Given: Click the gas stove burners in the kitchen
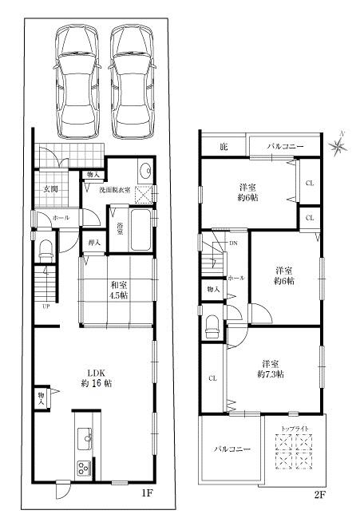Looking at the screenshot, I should click(82, 467).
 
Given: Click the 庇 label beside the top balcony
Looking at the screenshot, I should click(224, 146).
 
